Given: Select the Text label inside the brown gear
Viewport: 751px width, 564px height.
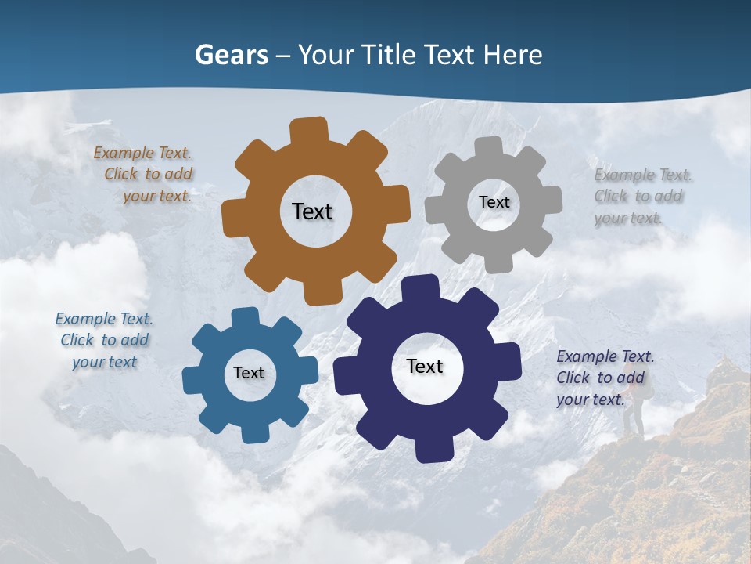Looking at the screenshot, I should click(x=312, y=211).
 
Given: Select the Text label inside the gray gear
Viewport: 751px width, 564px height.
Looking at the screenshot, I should click(x=494, y=202).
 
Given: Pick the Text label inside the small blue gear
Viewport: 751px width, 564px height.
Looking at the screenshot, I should click(x=249, y=373).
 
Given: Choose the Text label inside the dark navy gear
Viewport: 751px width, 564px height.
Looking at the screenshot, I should click(x=425, y=366).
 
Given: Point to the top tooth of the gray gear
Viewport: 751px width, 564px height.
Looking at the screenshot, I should click(x=489, y=147).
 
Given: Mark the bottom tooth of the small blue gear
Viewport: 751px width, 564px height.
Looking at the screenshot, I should click(x=254, y=432).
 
